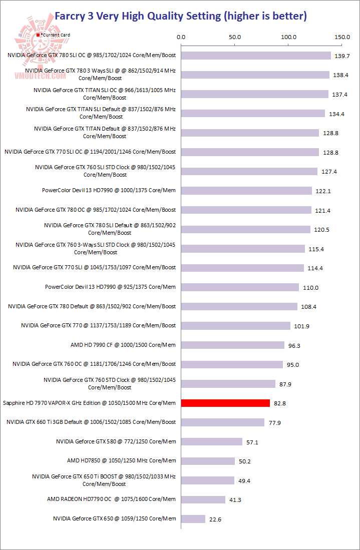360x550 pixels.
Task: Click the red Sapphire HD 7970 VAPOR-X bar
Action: [x=225, y=403]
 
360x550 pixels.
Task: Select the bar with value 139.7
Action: [x=256, y=56]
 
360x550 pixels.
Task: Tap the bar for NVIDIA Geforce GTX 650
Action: [x=193, y=519]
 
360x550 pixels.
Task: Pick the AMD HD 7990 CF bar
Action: [x=233, y=345]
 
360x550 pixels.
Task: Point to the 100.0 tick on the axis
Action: [x=289, y=37]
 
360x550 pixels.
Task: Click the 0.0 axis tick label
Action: [x=181, y=37]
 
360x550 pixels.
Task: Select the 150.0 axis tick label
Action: [x=342, y=37]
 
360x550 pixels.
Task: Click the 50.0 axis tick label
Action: [x=235, y=37]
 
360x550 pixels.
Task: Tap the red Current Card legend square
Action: [x=38, y=35]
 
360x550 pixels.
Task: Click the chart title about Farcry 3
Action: [x=180, y=16]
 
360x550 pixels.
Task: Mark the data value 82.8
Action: [x=280, y=403]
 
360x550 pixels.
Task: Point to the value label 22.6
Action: [x=215, y=519]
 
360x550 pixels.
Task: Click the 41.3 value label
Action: [x=236, y=500]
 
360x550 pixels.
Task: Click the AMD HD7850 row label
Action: [x=121, y=460]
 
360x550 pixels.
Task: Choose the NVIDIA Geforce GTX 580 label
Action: [x=116, y=441]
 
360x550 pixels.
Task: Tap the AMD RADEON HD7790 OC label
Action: [x=111, y=499]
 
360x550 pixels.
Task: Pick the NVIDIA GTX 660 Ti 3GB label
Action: [x=91, y=422]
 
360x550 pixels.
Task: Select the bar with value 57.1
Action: [x=212, y=441]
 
